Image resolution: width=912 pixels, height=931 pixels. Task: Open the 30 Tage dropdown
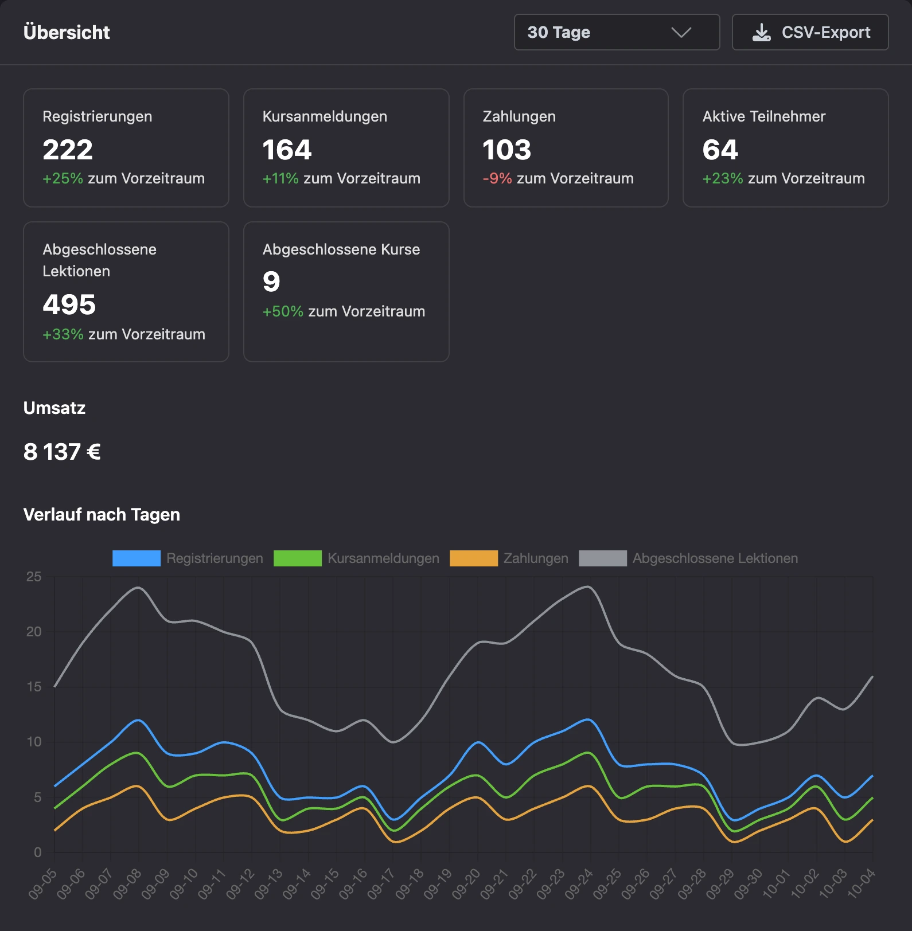point(617,32)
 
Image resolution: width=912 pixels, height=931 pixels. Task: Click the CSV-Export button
point(810,32)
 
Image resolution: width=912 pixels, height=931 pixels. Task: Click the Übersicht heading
point(67,32)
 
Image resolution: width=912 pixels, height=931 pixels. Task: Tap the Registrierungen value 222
point(68,150)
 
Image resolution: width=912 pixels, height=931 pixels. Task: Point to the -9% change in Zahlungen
point(497,178)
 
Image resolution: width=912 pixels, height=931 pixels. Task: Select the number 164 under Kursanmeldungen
point(287,150)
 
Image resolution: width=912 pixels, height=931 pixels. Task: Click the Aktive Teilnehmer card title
point(764,116)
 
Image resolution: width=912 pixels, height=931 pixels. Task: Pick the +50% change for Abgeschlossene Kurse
point(283,311)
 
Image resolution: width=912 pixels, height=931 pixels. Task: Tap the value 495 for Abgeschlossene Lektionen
point(69,304)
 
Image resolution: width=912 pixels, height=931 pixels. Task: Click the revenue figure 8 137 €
point(62,452)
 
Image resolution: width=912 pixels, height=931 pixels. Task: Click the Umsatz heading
point(54,408)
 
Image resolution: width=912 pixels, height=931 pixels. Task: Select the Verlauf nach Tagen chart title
point(102,514)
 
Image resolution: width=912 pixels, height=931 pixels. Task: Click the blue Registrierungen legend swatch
point(137,558)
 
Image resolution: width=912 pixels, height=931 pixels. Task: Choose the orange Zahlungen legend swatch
point(474,558)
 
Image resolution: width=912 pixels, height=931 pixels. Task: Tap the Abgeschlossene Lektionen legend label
point(715,558)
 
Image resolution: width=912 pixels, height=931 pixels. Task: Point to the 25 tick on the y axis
point(34,577)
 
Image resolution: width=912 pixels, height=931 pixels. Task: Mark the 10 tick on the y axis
point(34,742)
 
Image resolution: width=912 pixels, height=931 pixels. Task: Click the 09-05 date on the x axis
point(43,883)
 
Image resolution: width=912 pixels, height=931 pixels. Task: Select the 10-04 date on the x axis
point(861,883)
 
